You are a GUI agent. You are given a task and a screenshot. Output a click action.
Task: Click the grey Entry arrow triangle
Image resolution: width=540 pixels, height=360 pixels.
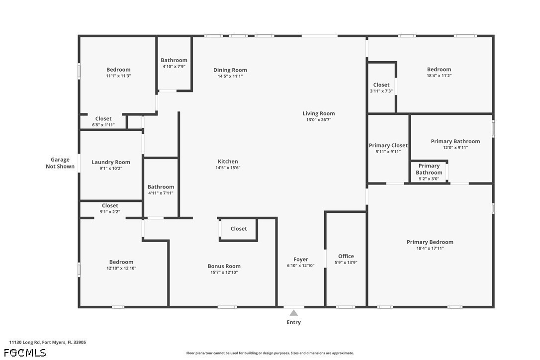coord(293,313)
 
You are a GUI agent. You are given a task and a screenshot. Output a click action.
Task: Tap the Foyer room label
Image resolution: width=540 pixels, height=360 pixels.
coord(301,260)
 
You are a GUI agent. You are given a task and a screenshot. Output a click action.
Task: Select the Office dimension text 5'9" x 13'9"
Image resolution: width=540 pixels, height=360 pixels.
coord(346,263)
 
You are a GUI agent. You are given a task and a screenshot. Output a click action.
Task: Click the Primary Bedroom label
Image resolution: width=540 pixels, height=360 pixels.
coord(430,242)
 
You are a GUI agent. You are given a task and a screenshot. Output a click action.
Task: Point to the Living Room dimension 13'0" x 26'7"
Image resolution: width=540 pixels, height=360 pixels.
coord(319,120)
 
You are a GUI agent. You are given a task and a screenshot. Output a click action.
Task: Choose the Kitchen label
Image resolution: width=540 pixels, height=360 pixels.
coord(228,162)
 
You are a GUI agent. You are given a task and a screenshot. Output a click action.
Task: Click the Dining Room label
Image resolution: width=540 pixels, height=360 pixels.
coord(230,70)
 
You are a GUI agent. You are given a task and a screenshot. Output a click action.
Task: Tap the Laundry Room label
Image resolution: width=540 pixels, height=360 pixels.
coord(111,162)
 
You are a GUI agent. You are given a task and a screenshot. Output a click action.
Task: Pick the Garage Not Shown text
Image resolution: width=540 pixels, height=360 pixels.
coord(60,163)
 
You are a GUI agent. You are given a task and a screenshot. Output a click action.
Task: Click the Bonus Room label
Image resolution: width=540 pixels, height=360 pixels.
coord(224,267)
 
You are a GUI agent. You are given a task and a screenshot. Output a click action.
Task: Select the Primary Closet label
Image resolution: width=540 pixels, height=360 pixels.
coord(388,145)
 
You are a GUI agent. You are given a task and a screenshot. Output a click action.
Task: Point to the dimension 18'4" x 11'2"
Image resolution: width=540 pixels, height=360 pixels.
coord(439,76)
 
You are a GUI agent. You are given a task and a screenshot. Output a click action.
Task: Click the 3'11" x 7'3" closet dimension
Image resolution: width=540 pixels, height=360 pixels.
coord(381,91)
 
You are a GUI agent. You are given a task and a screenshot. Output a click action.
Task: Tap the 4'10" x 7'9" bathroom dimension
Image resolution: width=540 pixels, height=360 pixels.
coord(174,67)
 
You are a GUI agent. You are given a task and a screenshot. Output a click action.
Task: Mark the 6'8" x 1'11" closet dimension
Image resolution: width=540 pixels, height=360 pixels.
coord(103,125)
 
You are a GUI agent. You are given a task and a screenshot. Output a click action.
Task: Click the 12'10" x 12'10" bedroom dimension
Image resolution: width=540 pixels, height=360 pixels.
coord(121,269)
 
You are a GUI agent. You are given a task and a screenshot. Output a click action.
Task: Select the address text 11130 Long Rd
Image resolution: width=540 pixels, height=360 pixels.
coord(25,343)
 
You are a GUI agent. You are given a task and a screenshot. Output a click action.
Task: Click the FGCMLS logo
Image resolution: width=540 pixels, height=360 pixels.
coord(25,353)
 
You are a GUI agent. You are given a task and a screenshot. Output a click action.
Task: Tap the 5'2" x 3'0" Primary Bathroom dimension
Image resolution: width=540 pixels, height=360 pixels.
coord(429,179)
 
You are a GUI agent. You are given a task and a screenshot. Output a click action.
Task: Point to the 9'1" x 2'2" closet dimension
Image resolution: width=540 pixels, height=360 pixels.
coord(110,212)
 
